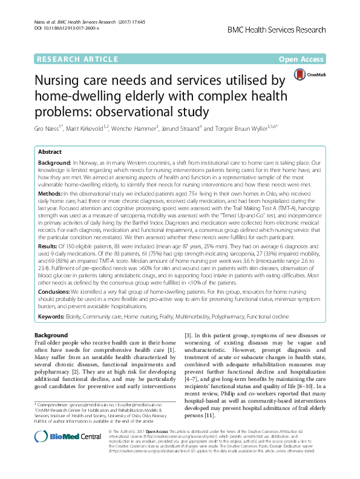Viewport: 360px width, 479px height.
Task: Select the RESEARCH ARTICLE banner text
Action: tap(77, 59)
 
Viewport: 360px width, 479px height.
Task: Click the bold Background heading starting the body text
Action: tap(51, 335)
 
